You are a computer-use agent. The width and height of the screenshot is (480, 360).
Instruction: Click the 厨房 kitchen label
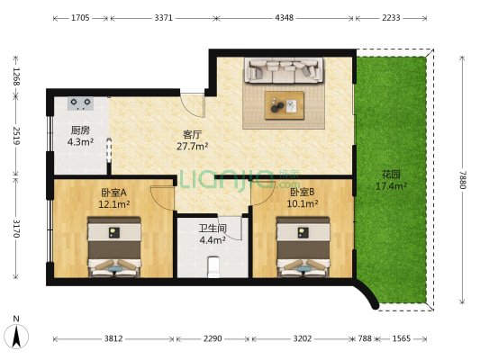(80, 130)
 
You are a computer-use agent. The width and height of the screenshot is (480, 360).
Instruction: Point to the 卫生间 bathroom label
(213, 228)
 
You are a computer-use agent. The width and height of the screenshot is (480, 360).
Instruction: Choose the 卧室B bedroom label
(303, 193)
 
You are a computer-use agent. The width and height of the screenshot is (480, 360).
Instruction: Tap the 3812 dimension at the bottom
(113, 338)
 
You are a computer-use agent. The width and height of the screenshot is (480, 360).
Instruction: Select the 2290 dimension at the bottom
(213, 338)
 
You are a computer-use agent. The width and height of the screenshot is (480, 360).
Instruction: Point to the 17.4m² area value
(391, 186)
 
